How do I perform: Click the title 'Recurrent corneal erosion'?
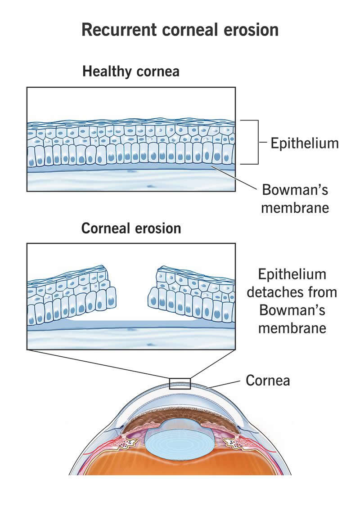point(180,30)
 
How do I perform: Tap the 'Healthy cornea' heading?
point(130,71)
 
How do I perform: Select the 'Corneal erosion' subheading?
point(131,228)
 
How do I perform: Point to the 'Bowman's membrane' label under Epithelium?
point(295,198)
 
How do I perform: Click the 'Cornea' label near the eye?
point(268,381)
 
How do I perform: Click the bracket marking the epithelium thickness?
point(257,142)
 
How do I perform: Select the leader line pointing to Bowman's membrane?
point(234,178)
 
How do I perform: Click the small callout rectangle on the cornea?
point(180,384)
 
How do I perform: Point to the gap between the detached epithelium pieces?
point(132,297)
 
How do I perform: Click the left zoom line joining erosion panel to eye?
point(99,363)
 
